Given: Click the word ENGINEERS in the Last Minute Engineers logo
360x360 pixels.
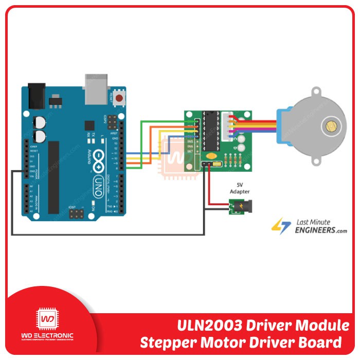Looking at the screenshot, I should click(x=314, y=230).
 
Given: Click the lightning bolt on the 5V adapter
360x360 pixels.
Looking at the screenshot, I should click(x=238, y=208).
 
